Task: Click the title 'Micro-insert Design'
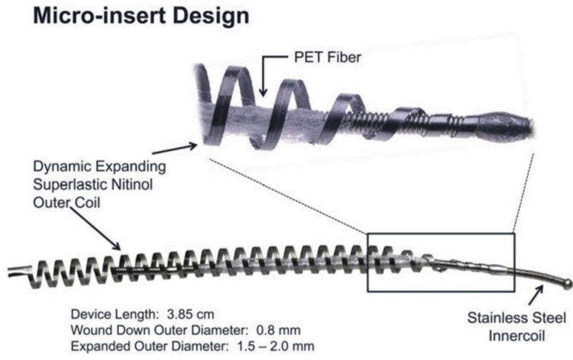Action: click(130, 16)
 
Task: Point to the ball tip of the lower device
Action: click(566, 282)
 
